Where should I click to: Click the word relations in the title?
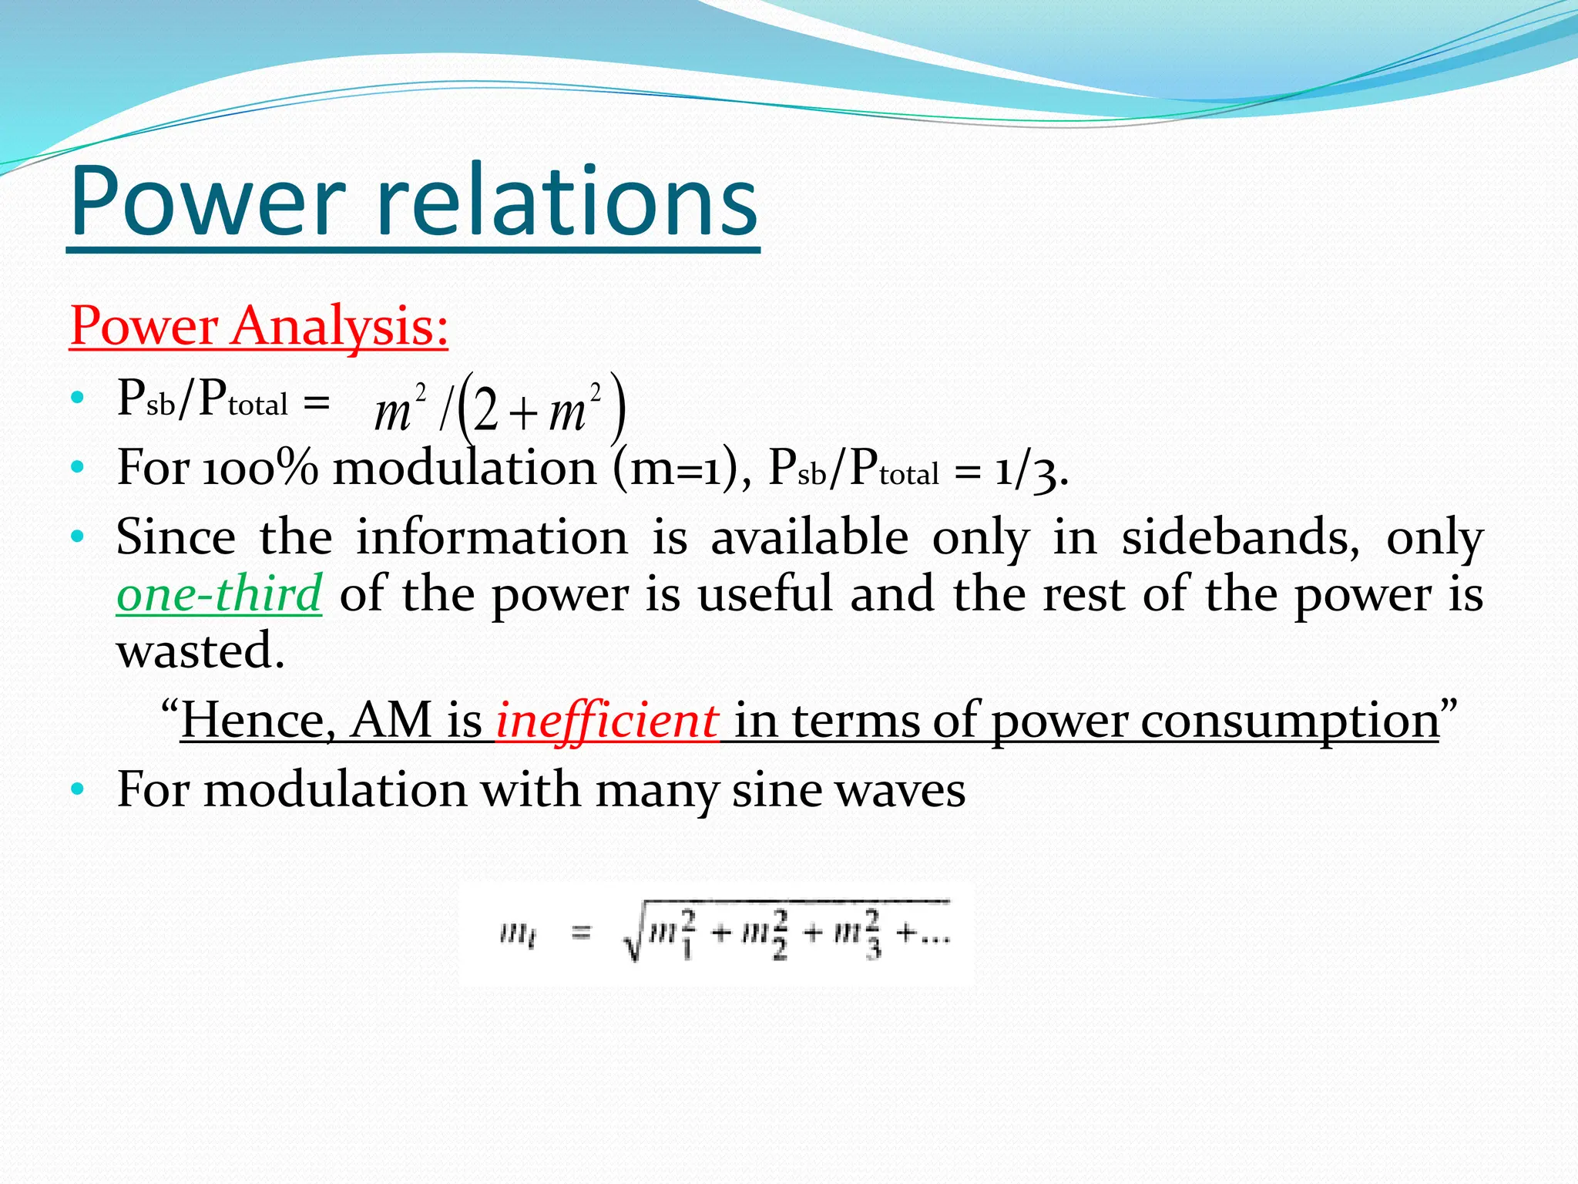point(568,202)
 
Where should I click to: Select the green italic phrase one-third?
point(219,594)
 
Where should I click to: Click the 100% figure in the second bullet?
point(260,468)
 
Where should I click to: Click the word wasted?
point(200,650)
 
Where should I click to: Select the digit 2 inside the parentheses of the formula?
point(487,411)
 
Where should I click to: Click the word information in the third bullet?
point(492,537)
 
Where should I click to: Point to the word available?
point(809,537)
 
